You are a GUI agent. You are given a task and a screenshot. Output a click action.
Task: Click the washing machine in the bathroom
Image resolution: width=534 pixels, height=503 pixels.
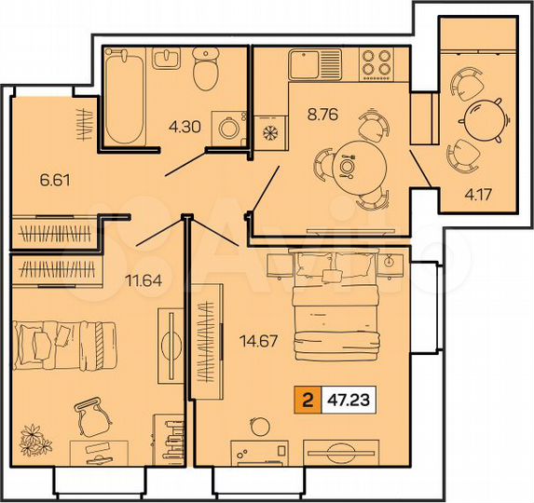[227, 128]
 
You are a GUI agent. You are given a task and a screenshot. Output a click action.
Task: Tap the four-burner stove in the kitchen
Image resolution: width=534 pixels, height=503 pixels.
[376, 64]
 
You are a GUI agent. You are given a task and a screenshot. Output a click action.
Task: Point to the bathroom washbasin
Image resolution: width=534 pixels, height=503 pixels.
[169, 59]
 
